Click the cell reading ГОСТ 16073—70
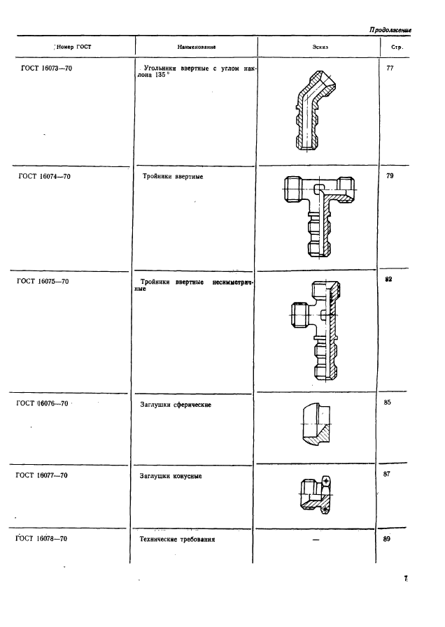click(x=46, y=69)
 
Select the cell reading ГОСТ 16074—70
click(x=44, y=176)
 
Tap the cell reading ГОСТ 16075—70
click(x=43, y=282)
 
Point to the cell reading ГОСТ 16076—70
click(x=43, y=403)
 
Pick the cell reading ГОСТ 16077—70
click(x=41, y=475)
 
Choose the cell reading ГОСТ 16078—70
click(x=41, y=539)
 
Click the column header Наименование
click(x=197, y=48)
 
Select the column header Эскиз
click(x=320, y=48)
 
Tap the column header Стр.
click(x=397, y=48)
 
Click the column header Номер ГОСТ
click(x=73, y=48)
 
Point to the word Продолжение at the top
click(x=390, y=30)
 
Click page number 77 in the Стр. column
click(x=390, y=69)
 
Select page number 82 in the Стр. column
click(x=388, y=280)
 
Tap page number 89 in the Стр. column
click(x=386, y=539)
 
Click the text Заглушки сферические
click(x=176, y=405)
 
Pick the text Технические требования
click(x=177, y=540)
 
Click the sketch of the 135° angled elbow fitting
click(x=315, y=110)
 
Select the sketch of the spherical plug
click(x=316, y=425)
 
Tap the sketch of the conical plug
click(x=316, y=495)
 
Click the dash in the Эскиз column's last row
click(x=316, y=540)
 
